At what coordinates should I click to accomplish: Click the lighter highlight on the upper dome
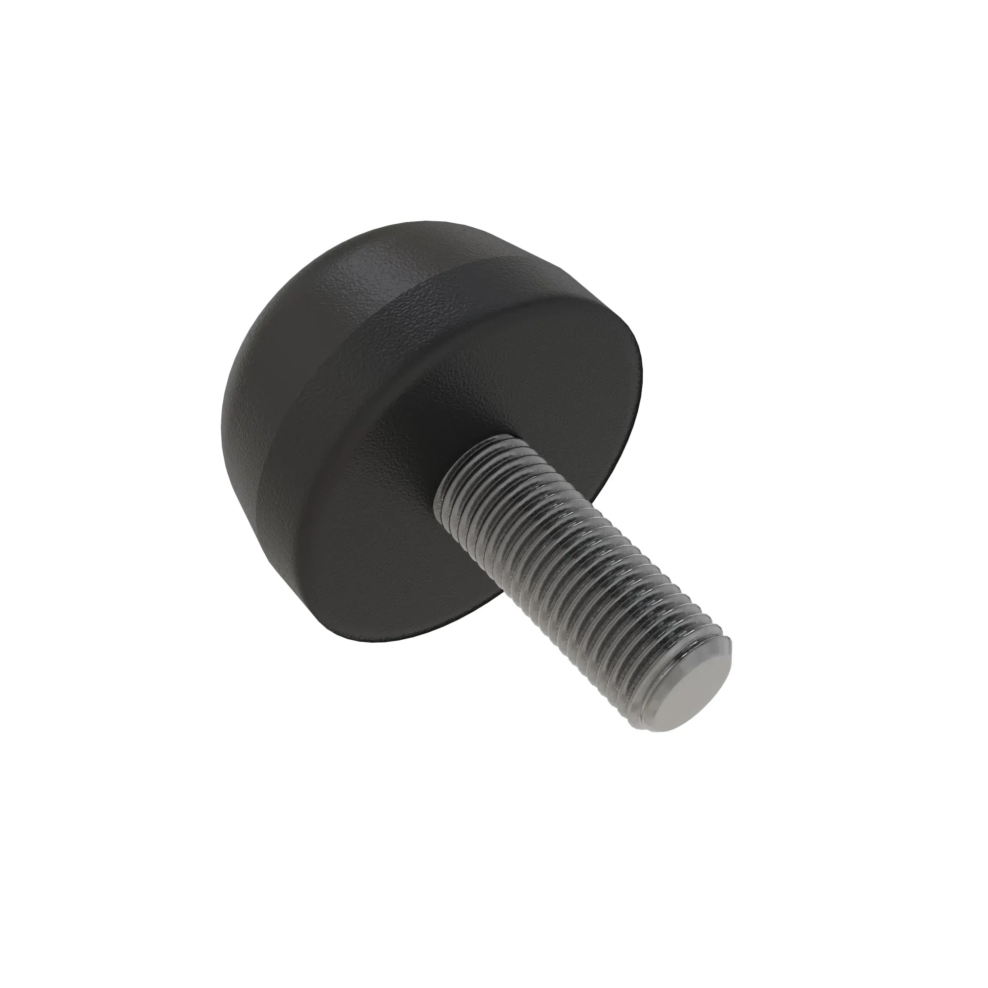pos(368,266)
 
